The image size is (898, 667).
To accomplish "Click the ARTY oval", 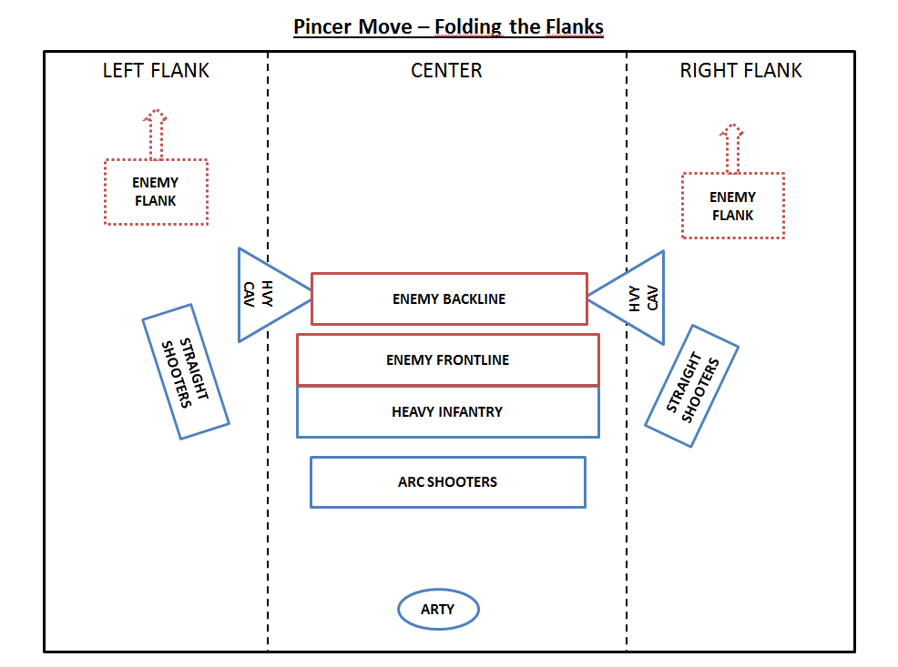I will [x=438, y=610].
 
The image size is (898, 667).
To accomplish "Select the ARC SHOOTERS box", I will [x=447, y=482].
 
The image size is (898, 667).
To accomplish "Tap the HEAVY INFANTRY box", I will [x=447, y=411].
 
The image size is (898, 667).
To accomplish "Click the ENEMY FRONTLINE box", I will [x=447, y=359].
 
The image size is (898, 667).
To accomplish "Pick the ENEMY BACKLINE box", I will [x=449, y=298].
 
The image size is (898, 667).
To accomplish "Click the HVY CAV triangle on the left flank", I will [x=265, y=295].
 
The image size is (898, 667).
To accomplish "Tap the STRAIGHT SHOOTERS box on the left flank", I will [x=186, y=371].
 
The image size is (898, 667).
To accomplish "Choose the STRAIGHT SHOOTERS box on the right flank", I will [x=691, y=385].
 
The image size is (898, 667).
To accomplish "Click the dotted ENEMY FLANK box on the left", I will [x=156, y=192].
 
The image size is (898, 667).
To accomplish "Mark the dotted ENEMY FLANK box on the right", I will [x=732, y=206].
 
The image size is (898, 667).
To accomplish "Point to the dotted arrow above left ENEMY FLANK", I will [x=156, y=133].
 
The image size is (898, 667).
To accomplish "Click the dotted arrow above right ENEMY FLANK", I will [x=730, y=147].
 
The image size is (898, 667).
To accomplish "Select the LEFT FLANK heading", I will [x=156, y=70].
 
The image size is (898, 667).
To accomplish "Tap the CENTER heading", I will [x=446, y=70].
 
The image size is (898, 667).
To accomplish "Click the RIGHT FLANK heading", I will [x=740, y=70].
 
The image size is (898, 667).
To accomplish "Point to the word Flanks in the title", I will [x=575, y=26].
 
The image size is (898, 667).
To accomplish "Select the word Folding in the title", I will [x=468, y=27].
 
